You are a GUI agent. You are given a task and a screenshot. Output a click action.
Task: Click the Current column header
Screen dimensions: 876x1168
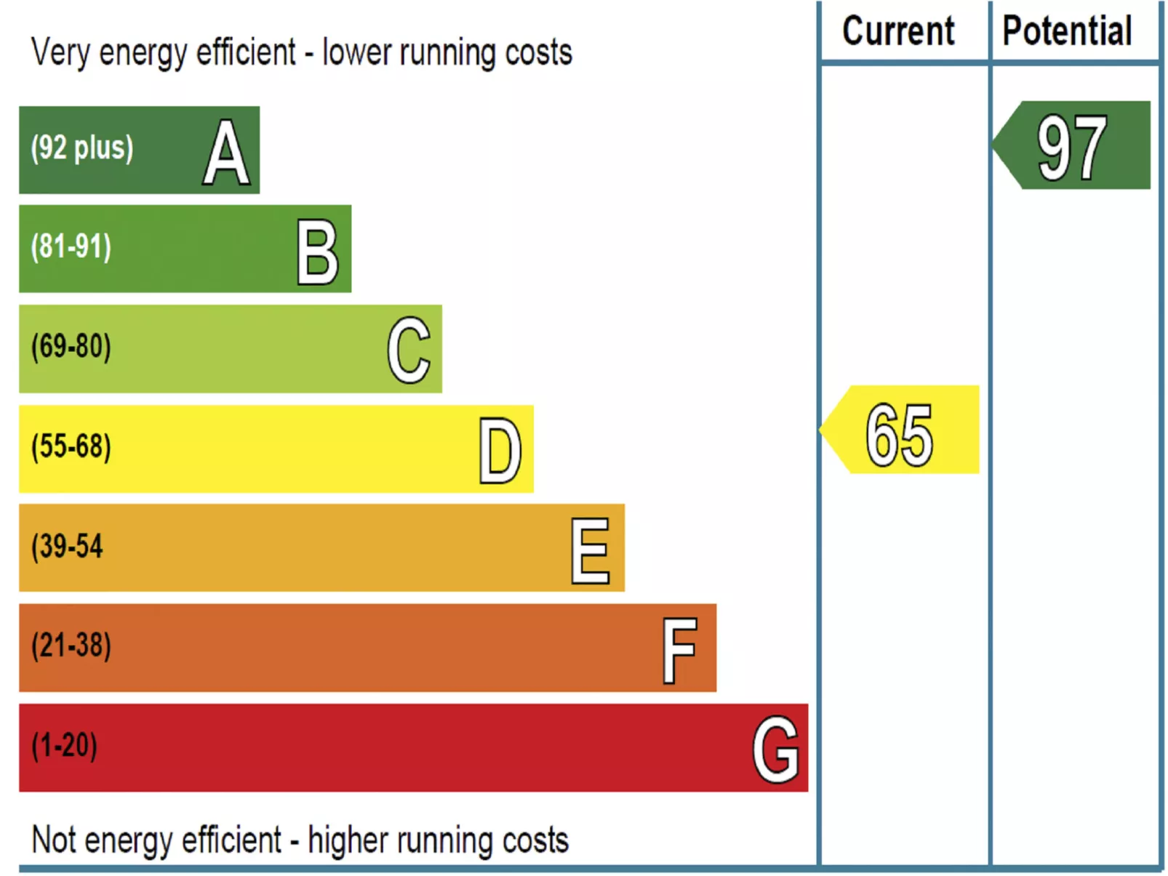[897, 31]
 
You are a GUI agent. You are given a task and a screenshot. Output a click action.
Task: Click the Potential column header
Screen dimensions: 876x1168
[1067, 31]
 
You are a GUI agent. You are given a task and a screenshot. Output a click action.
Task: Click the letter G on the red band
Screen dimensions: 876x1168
[775, 750]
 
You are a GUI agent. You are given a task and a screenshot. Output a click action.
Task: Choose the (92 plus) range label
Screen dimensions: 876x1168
[82, 148]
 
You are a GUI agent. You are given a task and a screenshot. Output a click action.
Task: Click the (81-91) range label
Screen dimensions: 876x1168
[71, 246]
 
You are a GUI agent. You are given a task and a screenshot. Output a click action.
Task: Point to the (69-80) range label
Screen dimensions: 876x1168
[71, 346]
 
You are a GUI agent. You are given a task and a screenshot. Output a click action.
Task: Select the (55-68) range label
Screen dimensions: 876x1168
[71, 446]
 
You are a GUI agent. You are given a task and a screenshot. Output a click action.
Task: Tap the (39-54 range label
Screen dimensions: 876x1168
[67, 546]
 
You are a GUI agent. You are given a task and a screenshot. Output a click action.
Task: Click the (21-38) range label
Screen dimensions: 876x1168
[71, 646]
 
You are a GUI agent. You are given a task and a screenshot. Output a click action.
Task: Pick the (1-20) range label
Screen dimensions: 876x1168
[64, 745]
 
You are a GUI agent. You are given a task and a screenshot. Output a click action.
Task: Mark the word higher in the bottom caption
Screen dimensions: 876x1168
[348, 841]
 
